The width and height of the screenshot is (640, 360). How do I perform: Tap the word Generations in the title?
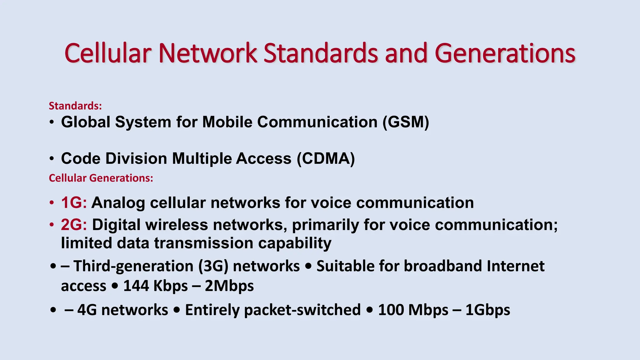point(505,54)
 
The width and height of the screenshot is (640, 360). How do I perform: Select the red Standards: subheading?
point(75,106)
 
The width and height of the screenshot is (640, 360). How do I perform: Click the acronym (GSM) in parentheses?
point(406,122)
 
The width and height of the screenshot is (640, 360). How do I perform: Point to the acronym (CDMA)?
point(326,158)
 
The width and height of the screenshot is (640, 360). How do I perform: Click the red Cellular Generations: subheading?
point(101,178)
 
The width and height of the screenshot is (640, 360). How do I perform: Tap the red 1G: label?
point(74,202)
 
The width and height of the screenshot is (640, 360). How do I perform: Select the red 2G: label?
point(74,225)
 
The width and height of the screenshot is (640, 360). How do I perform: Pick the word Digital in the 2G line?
point(116,225)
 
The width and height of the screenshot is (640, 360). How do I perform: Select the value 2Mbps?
point(229,286)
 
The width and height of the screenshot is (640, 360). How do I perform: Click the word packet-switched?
point(273,310)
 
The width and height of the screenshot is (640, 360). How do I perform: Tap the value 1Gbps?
point(487,310)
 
